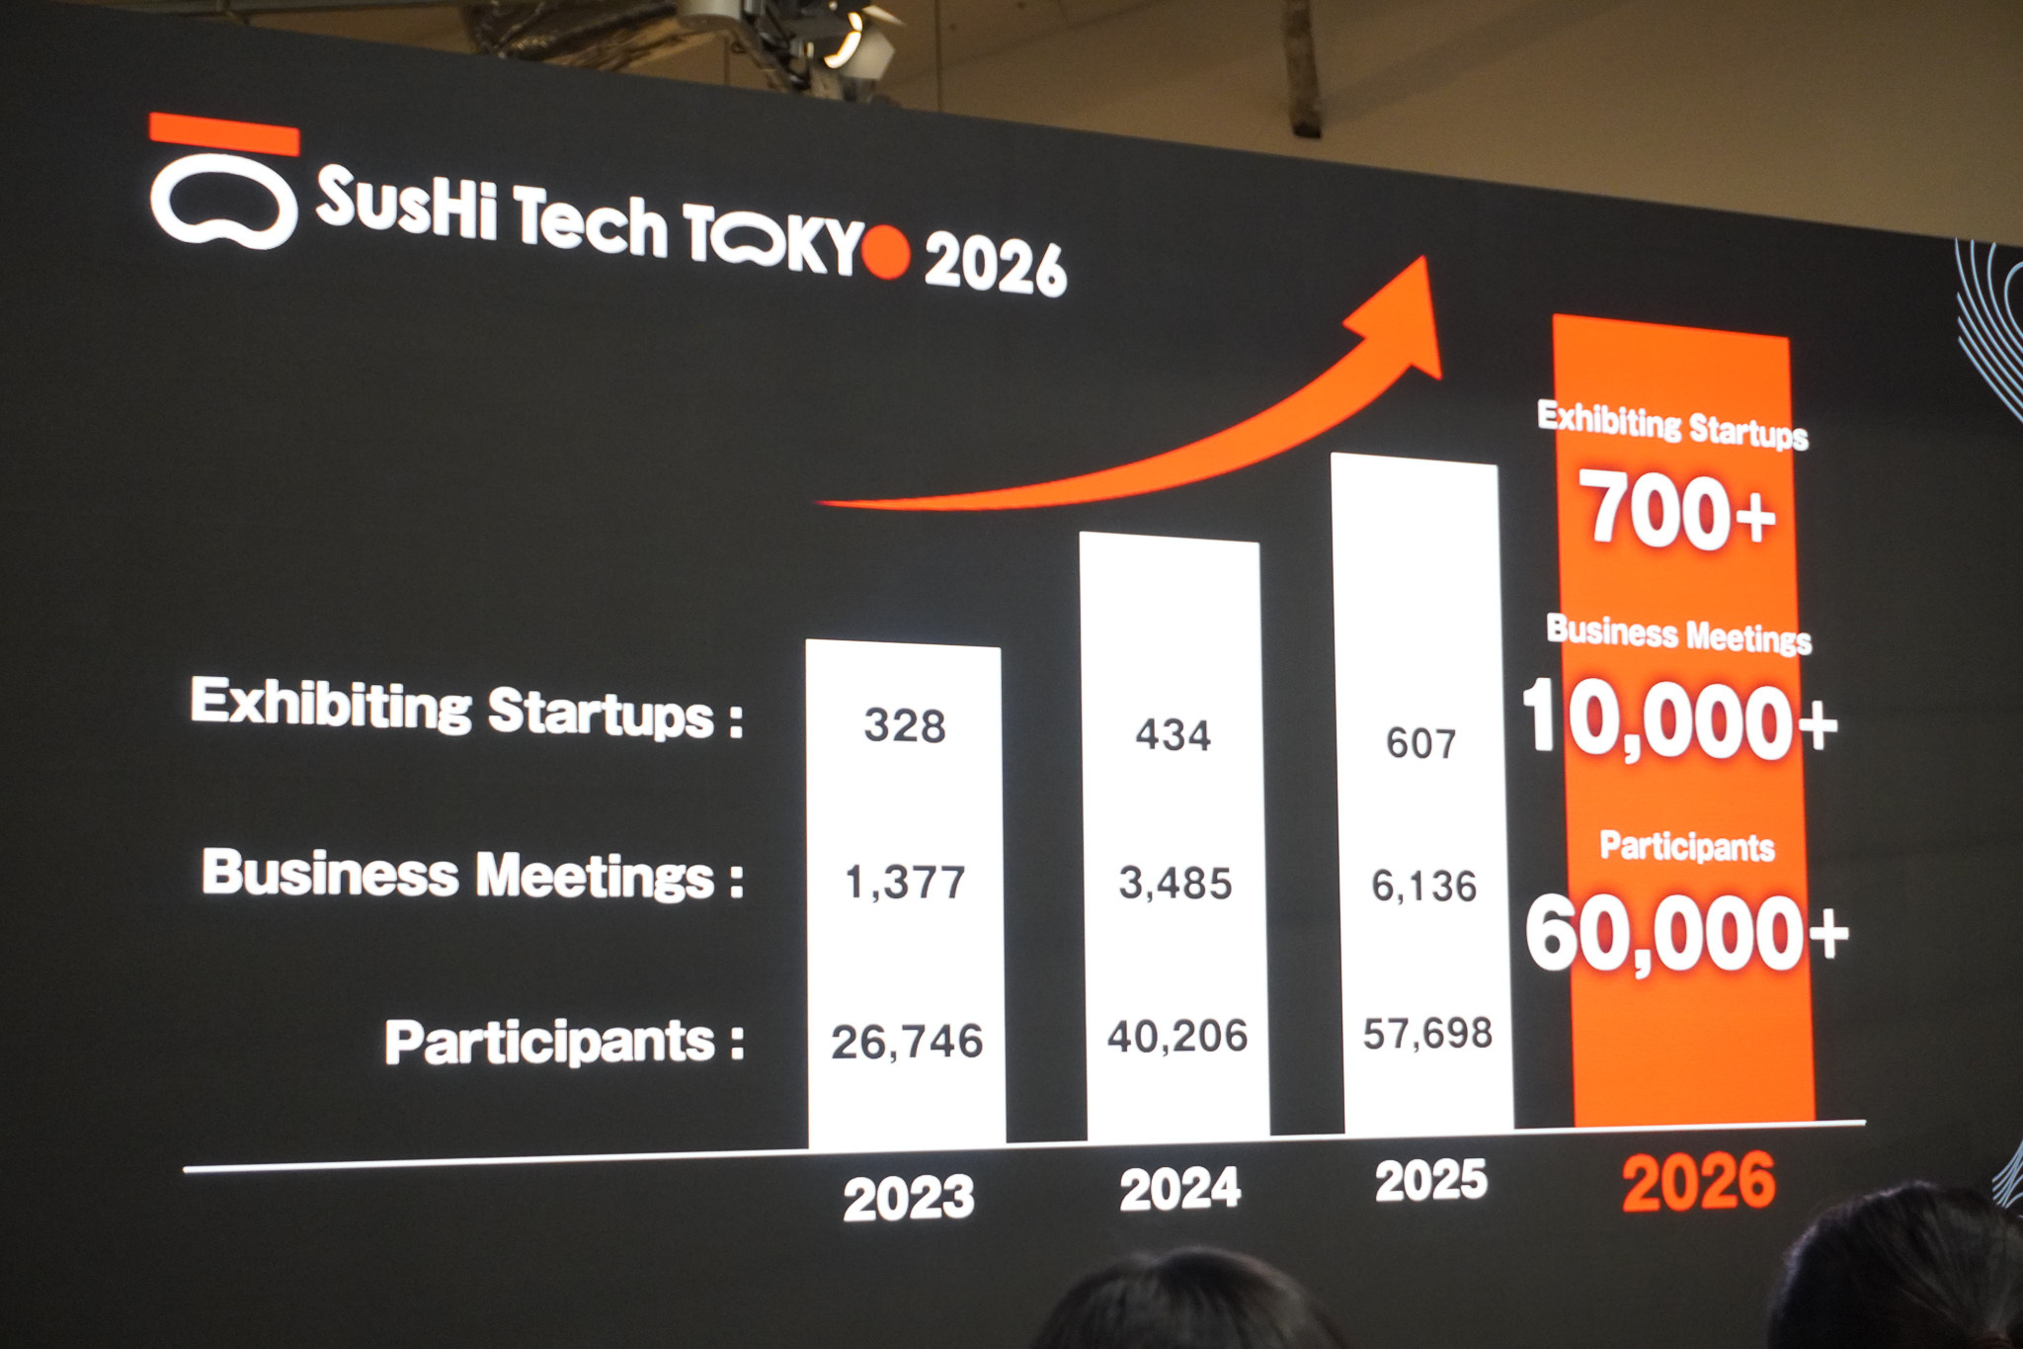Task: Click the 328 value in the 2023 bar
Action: coord(905,726)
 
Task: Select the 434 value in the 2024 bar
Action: coord(1173,735)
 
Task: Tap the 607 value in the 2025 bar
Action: coord(1420,743)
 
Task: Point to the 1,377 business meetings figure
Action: coord(905,883)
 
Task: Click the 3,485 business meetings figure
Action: coord(1175,884)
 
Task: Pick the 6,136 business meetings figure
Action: coord(1423,886)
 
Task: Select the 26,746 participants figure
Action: coord(907,1042)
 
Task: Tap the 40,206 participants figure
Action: coord(1177,1036)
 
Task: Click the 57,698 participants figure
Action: coord(1427,1034)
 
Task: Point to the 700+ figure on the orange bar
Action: coord(1677,512)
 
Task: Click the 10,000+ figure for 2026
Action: coord(1679,721)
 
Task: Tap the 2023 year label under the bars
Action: coord(909,1198)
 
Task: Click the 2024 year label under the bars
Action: coord(1179,1189)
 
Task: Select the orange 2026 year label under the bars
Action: coord(1698,1182)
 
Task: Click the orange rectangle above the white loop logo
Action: coord(224,134)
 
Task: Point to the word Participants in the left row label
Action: coord(549,1043)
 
